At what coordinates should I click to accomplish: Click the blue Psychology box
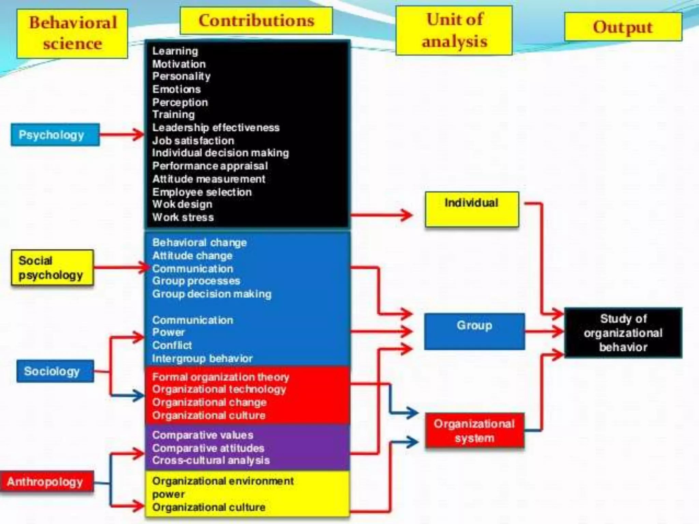point(55,135)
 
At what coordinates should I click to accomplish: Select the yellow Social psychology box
point(52,268)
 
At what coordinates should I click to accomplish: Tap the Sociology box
point(55,371)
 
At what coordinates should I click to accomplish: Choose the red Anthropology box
point(47,482)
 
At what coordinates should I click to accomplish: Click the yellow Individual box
point(472,209)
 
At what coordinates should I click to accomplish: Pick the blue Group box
point(474,331)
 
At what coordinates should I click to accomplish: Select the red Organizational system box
point(474,431)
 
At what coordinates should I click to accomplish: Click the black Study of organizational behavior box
point(623,333)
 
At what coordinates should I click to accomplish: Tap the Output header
point(623,27)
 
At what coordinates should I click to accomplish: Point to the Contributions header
point(256,20)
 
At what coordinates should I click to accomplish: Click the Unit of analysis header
point(454,30)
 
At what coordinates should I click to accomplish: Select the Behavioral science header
point(72,33)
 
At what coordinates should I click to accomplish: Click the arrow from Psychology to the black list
point(122,134)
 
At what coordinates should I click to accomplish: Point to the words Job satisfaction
point(193,141)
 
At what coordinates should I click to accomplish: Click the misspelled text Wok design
point(182,204)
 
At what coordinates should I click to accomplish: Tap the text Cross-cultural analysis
point(211,460)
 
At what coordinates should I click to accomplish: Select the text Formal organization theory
point(220,377)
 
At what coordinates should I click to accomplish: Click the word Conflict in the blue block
point(172,345)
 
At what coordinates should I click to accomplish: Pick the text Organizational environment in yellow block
point(223,481)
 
